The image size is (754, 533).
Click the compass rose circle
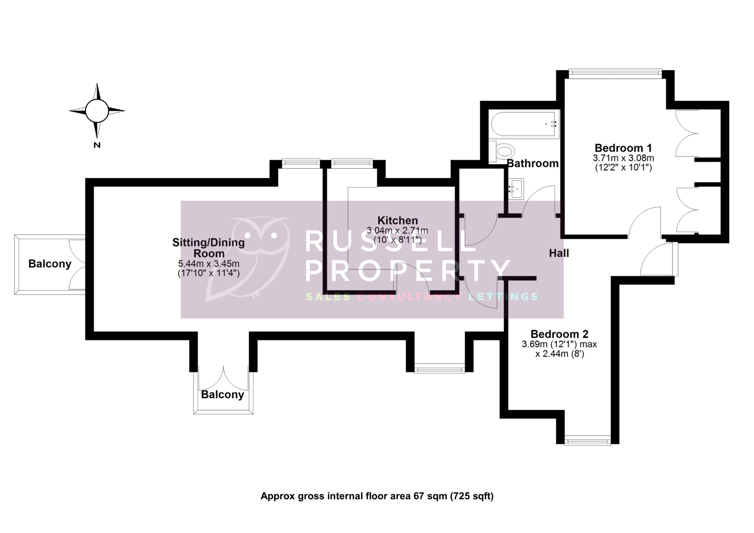click(x=97, y=111)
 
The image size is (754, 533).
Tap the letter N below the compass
click(x=97, y=145)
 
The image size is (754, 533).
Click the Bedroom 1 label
click(x=623, y=148)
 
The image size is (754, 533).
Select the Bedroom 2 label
click(x=559, y=334)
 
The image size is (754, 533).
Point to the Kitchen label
click(x=397, y=220)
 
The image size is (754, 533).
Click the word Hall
click(x=559, y=253)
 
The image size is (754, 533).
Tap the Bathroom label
click(x=533, y=163)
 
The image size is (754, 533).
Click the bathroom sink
click(x=516, y=189)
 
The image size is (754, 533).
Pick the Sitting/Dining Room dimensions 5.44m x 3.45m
click(x=209, y=263)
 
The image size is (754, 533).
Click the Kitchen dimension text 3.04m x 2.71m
click(x=397, y=231)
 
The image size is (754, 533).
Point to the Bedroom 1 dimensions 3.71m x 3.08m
click(x=623, y=158)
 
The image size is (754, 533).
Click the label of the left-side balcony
click(x=49, y=264)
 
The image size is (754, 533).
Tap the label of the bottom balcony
click(x=222, y=394)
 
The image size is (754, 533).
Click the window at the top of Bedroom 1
click(x=615, y=74)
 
